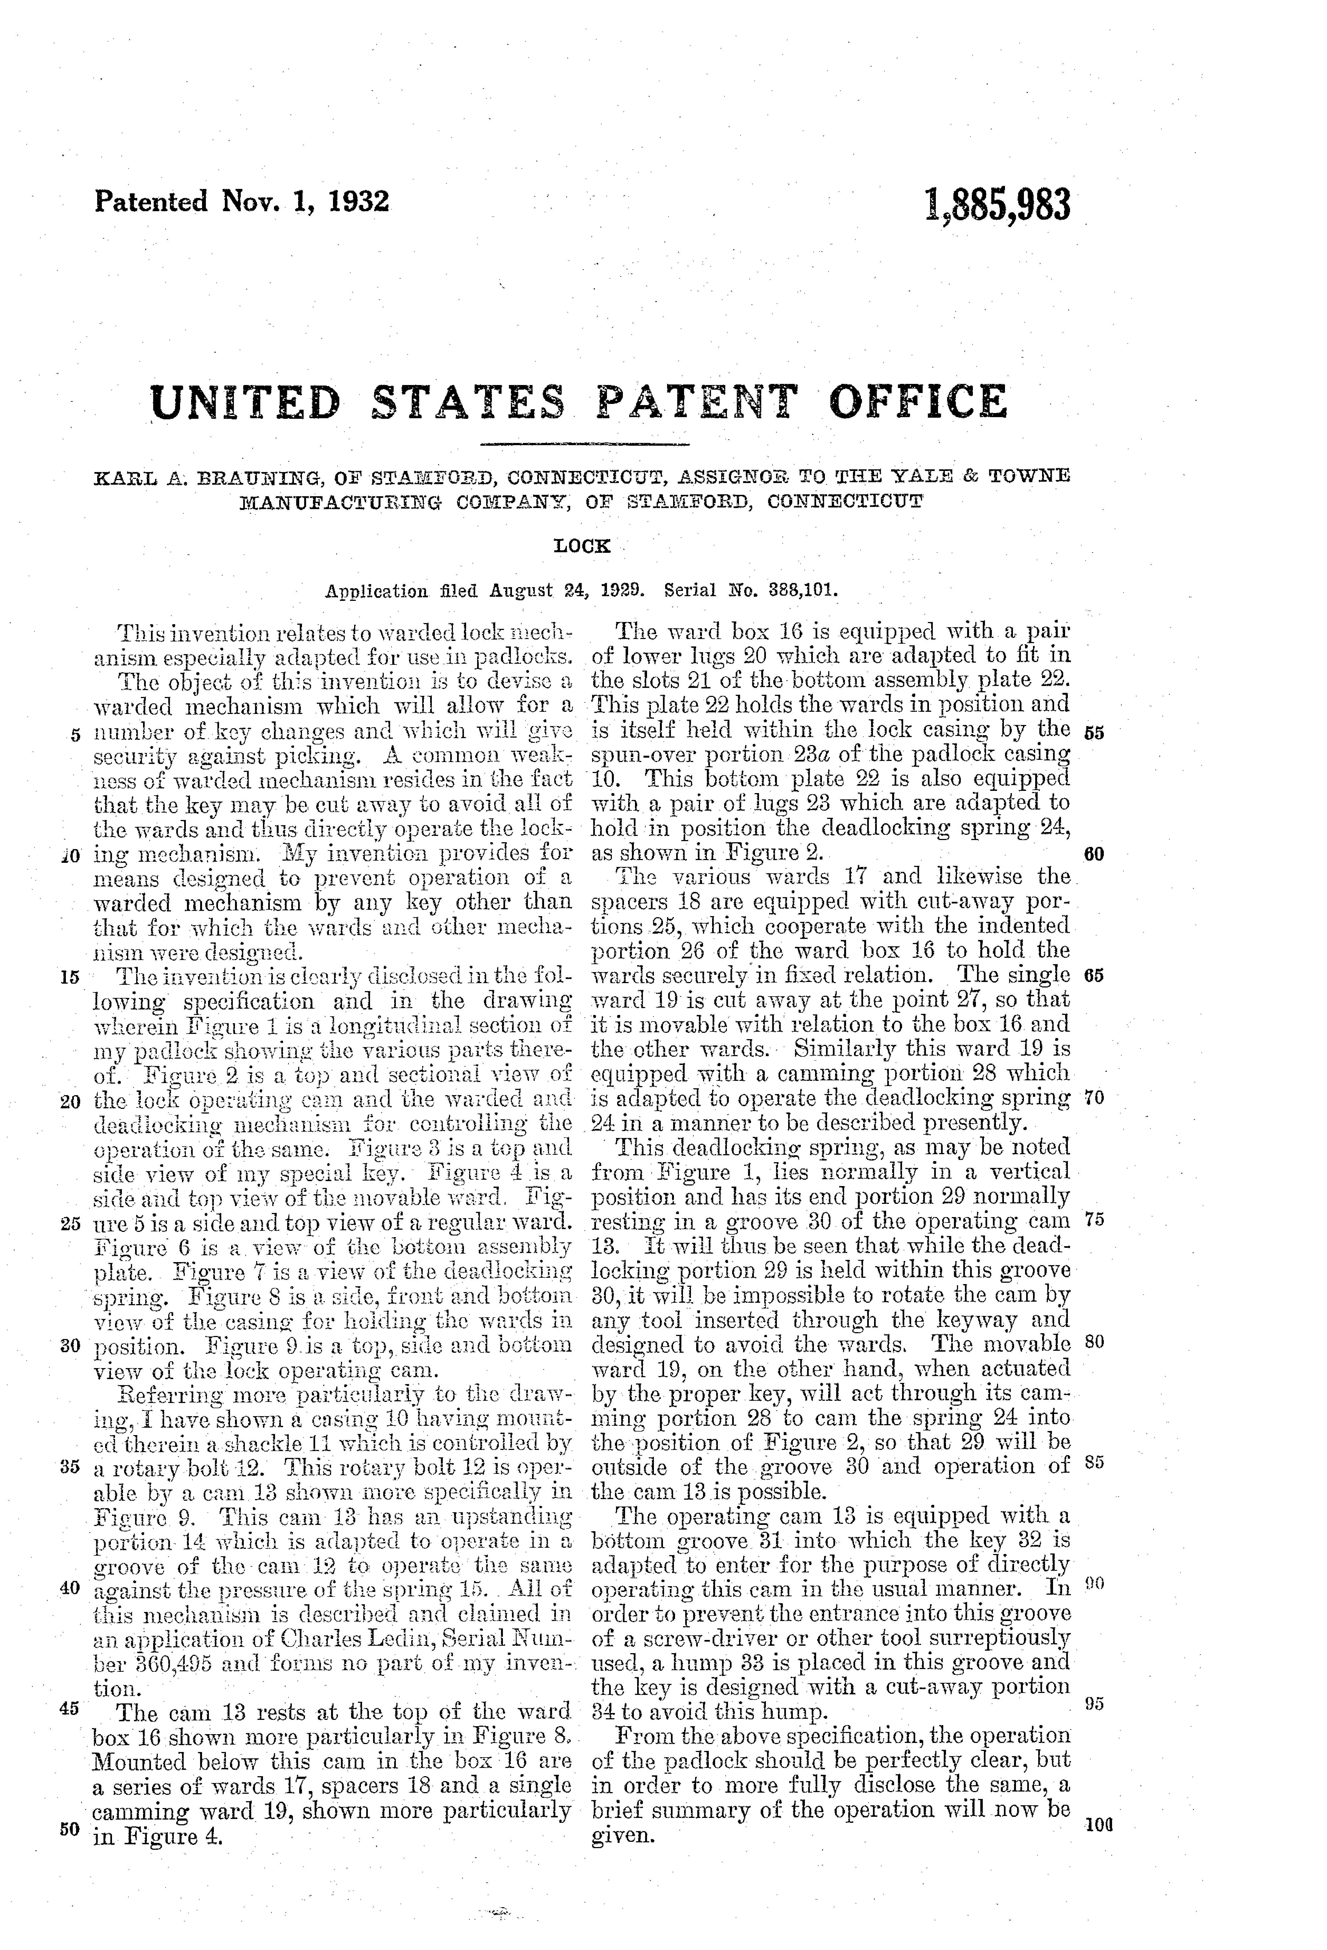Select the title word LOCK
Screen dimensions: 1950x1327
pyautogui.click(x=582, y=546)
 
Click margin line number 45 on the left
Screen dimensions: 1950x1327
pyautogui.click(x=71, y=1709)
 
